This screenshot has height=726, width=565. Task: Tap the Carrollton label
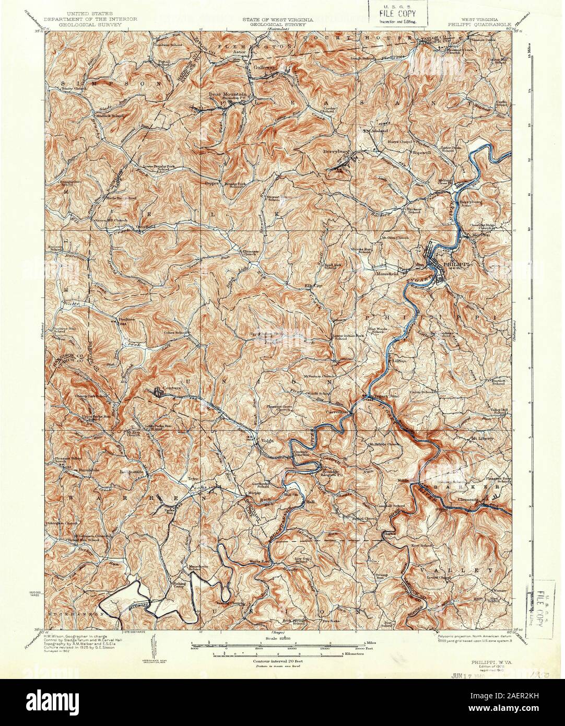[337, 412]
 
